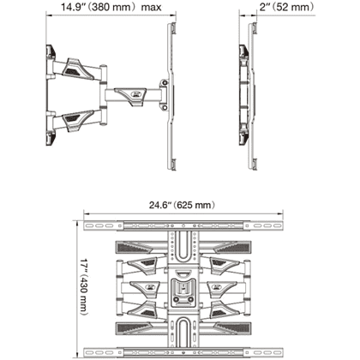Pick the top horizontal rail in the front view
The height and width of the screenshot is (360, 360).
183,225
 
